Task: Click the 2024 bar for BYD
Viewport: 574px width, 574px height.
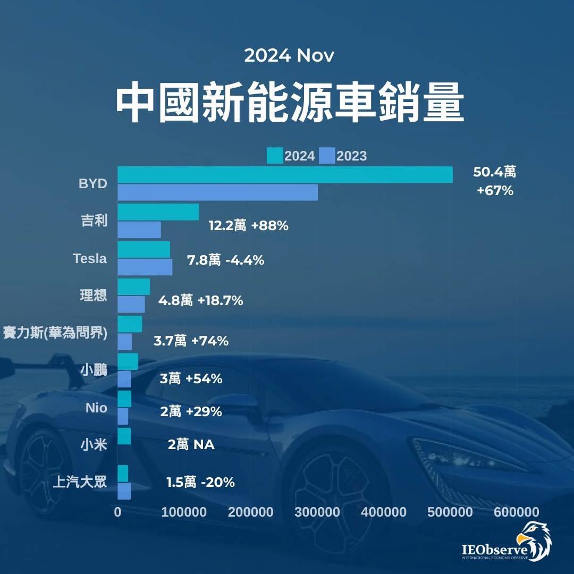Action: tap(285, 174)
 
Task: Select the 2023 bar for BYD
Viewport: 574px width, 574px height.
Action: tap(217, 192)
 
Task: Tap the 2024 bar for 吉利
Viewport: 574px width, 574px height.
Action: tap(158, 212)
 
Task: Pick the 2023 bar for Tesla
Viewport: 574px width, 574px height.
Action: tap(145, 267)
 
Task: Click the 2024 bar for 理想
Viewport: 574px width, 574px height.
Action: tap(133, 286)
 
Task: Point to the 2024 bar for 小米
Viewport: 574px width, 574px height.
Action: tap(124, 436)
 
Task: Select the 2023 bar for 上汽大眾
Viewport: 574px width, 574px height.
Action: tap(124, 492)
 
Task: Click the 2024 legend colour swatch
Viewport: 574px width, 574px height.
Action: tap(275, 156)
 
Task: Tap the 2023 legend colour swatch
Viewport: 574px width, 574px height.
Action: tap(327, 156)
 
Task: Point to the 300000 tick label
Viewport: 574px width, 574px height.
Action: tap(317, 512)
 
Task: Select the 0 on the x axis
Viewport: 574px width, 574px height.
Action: tap(118, 512)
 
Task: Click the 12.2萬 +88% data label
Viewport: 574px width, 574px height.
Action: tap(248, 226)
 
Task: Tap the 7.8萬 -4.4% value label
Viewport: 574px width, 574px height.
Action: tap(226, 260)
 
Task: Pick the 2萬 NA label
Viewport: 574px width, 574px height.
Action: tap(191, 444)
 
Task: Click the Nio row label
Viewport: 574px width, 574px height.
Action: tap(96, 408)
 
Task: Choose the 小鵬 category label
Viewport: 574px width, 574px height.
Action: tap(94, 370)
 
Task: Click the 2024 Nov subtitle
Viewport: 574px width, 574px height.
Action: tap(289, 56)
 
